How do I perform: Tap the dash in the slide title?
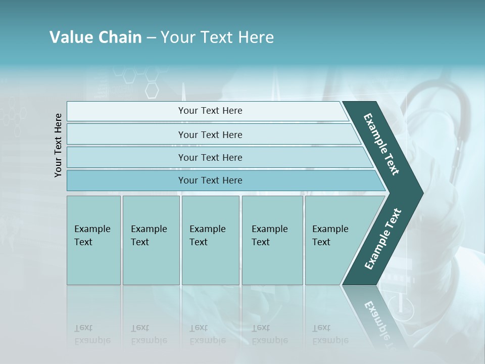pyautogui.click(x=151, y=38)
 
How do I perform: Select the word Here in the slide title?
pyautogui.click(x=256, y=37)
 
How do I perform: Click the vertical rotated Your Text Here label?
pyautogui.click(x=58, y=145)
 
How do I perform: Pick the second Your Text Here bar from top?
pyautogui.click(x=210, y=134)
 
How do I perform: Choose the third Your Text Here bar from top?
pyautogui.click(x=210, y=157)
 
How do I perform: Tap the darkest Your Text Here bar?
pyautogui.click(x=210, y=180)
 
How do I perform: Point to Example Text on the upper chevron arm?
pyautogui.click(x=382, y=144)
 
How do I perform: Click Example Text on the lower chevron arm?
pyautogui.click(x=383, y=239)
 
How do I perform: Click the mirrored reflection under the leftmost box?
pyautogui.click(x=92, y=334)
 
